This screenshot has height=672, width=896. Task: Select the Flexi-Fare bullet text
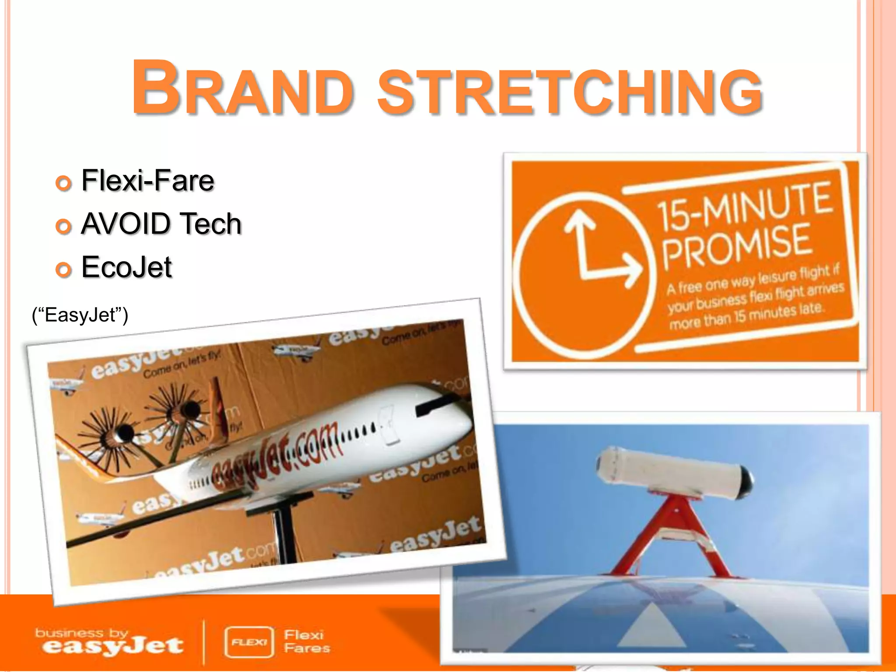[x=148, y=181]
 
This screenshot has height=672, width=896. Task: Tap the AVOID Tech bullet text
[x=161, y=224]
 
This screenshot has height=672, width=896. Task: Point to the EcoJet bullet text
[x=127, y=267]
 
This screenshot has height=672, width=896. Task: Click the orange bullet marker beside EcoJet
[x=64, y=269]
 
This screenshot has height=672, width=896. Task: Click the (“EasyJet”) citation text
[x=80, y=315]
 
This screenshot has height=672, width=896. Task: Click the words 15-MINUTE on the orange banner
[x=744, y=206]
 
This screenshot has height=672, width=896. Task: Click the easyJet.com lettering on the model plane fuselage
[x=276, y=455]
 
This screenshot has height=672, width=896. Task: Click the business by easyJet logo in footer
[x=109, y=642]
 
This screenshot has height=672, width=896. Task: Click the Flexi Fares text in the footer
[x=306, y=641]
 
